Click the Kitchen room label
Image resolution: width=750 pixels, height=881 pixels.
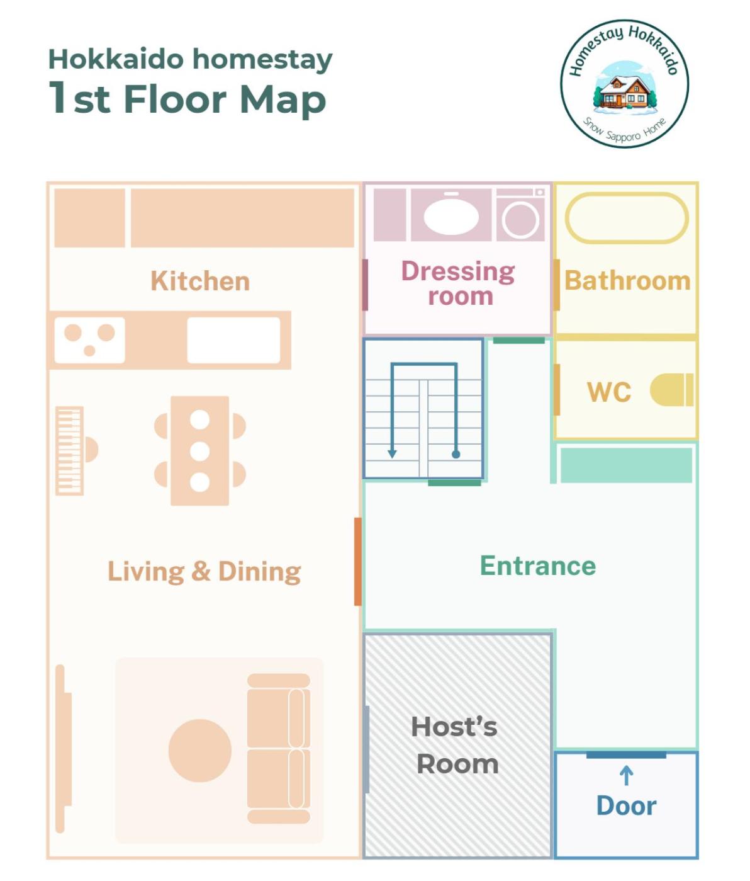(200, 281)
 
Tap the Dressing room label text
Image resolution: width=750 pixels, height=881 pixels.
(459, 283)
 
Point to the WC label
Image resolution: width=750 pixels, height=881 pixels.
(609, 392)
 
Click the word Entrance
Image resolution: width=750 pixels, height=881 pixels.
(539, 566)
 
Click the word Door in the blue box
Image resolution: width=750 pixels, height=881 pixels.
(627, 806)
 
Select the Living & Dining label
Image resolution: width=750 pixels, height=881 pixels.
(204, 572)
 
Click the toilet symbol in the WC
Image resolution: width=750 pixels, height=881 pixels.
(671, 390)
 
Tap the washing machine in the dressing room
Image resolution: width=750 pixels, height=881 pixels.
(520, 215)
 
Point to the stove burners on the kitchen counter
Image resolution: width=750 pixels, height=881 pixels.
(90, 340)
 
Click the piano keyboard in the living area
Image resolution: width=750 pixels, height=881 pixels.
(69, 451)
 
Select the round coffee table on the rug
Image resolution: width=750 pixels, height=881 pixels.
(199, 751)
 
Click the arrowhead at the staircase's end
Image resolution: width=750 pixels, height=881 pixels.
(392, 454)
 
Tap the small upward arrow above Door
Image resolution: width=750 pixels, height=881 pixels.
(626, 776)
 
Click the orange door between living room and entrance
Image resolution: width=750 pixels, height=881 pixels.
(358, 562)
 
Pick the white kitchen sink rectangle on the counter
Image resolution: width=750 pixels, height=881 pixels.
(234, 340)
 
